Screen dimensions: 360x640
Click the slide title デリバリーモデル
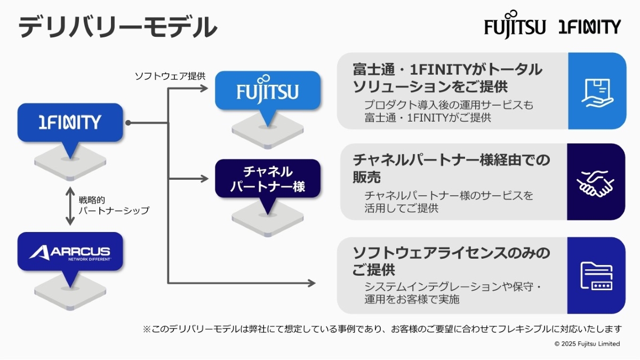tap(118, 27)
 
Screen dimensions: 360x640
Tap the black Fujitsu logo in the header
tap(515, 26)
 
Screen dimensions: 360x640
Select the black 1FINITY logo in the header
tap(589, 27)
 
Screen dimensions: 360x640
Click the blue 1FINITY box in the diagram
tap(70, 123)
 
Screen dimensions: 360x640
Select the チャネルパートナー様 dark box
tap(267, 179)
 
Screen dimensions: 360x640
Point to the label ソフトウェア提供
tap(170, 76)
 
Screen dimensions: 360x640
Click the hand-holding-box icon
tap(596, 91)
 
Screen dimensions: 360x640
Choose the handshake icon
tap(596, 182)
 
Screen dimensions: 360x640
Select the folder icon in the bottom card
tap(596, 276)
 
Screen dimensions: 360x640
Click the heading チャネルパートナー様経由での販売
tap(451, 167)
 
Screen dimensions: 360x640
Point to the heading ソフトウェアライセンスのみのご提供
tap(451, 260)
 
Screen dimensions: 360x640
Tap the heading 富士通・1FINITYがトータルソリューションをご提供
tap(447, 77)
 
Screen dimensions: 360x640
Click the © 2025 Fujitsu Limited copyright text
tap(587, 344)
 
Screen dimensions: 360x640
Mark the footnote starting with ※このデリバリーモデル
tap(382, 329)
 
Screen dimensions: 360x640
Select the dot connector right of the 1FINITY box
tap(128, 123)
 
